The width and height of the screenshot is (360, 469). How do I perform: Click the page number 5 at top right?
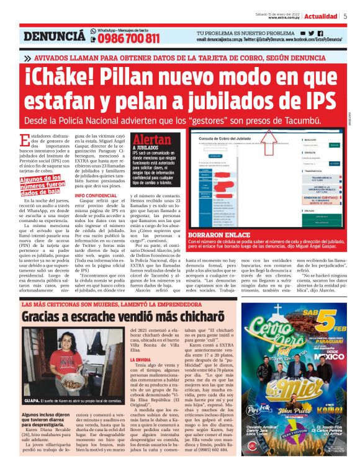point(345,16)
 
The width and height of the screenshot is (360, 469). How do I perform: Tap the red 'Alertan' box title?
point(152,139)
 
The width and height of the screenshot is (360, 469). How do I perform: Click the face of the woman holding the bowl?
point(73,348)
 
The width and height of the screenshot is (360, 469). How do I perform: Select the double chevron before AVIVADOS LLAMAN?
point(28,58)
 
